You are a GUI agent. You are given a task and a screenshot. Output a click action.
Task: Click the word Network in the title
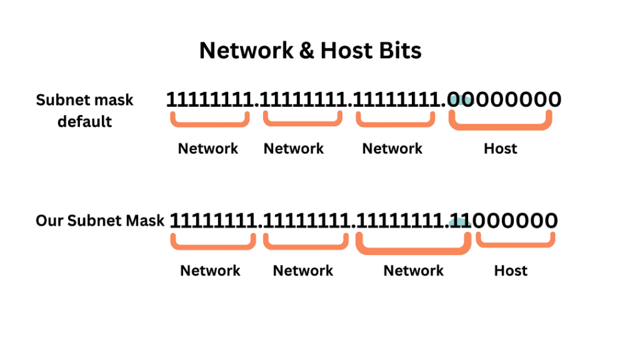[246, 51]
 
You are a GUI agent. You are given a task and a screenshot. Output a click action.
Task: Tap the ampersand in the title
[307, 51]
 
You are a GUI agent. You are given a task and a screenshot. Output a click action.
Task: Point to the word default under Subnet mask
[85, 122]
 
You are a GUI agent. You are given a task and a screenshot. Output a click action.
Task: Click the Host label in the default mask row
[501, 149]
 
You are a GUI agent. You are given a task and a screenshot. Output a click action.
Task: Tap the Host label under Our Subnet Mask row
[511, 271]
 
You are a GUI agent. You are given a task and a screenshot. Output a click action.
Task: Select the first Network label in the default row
[208, 149]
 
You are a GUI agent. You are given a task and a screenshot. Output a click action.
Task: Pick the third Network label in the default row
[392, 149]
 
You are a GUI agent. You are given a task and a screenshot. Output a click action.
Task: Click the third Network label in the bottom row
[414, 271]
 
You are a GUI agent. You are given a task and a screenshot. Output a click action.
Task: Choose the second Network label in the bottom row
[303, 271]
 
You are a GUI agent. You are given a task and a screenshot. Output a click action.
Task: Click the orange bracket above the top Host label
[501, 127]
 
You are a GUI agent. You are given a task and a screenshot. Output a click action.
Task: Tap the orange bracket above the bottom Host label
[516, 245]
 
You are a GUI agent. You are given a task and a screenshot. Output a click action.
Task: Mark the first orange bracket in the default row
[210, 124]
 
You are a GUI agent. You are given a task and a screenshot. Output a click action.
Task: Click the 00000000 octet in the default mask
[504, 99]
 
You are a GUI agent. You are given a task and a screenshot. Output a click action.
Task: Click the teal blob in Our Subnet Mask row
[459, 223]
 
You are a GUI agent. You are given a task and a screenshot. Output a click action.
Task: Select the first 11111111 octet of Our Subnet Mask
[212, 221]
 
